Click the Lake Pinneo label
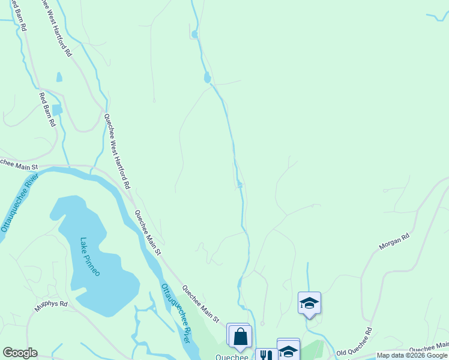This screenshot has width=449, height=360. (90, 257)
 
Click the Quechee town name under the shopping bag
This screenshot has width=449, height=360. (232, 356)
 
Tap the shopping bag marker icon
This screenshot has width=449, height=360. (240, 337)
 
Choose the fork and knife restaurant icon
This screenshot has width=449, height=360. (264, 355)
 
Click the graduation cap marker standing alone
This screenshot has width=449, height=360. (309, 303)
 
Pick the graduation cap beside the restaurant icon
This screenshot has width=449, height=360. (288, 350)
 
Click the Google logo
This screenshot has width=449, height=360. (20, 353)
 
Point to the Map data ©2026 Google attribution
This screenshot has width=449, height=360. (412, 355)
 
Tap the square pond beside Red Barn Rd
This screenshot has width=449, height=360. (58, 110)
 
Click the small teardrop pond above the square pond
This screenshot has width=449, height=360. (59, 77)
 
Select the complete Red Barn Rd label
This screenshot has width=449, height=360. (47, 109)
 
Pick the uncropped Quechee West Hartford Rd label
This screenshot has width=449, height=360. (116, 152)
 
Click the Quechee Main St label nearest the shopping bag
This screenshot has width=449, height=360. (201, 304)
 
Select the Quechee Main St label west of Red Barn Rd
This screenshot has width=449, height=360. (18, 163)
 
